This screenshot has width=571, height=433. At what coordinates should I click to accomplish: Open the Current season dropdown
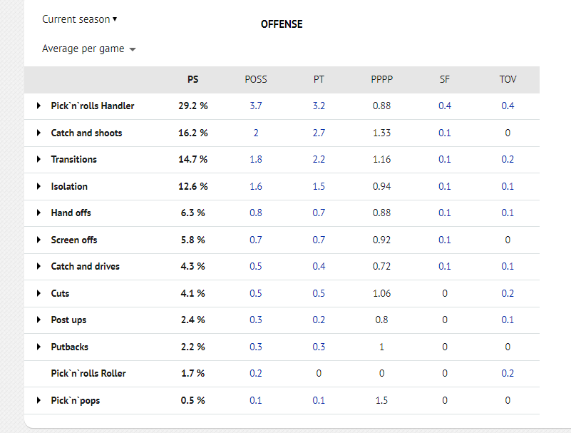click(79, 19)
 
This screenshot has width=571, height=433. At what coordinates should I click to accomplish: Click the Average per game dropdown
click(89, 49)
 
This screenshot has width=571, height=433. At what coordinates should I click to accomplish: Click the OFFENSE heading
click(282, 24)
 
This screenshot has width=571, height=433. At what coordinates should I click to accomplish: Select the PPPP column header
click(381, 79)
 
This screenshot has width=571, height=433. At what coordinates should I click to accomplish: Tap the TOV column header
click(508, 79)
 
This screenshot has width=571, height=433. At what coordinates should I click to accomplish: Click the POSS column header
click(256, 79)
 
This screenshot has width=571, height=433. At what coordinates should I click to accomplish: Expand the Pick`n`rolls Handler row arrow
click(38, 106)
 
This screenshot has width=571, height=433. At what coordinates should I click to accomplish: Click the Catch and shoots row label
click(86, 133)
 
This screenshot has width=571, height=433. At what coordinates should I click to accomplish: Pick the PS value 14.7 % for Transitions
click(192, 159)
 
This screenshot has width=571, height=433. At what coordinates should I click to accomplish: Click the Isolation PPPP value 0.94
click(381, 186)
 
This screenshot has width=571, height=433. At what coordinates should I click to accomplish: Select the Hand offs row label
click(71, 213)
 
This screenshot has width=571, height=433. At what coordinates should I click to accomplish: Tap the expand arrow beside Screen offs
click(38, 240)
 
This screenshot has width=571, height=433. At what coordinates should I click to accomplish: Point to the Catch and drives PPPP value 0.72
click(381, 266)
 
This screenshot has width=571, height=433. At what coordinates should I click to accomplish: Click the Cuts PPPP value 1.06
click(381, 293)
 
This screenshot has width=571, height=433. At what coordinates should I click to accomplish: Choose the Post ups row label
click(68, 320)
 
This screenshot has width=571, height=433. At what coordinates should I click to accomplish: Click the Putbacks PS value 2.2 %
click(192, 347)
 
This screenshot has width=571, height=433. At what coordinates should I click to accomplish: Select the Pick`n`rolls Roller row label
click(88, 374)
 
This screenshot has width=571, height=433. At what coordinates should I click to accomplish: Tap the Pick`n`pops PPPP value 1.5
click(381, 400)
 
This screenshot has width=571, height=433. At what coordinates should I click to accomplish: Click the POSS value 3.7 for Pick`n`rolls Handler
click(256, 106)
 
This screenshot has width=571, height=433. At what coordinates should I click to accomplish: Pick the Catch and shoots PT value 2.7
click(319, 133)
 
